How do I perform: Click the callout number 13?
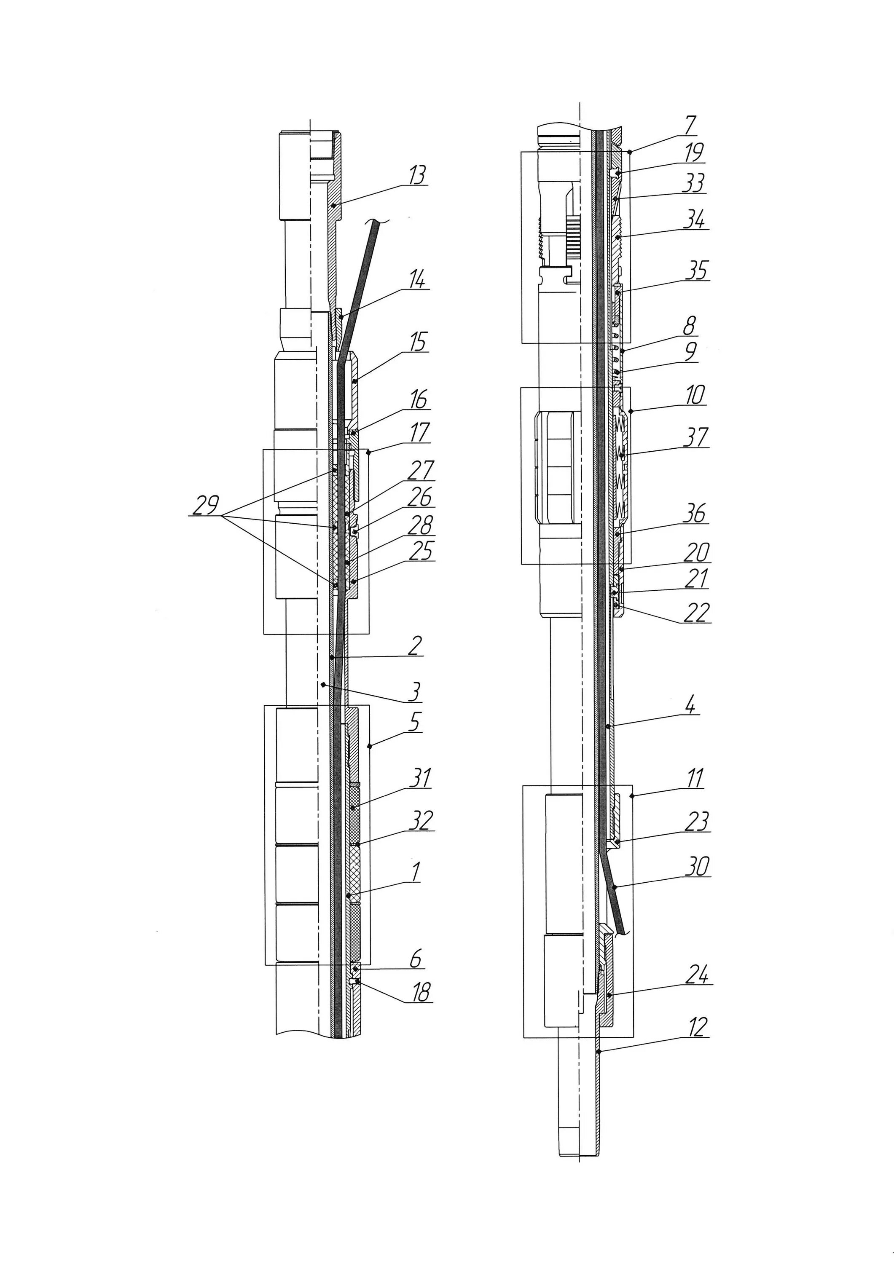[418, 176]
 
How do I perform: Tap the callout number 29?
[205, 505]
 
